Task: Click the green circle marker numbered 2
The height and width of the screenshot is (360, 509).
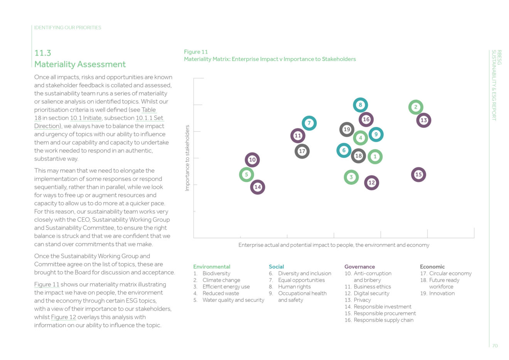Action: (416, 107)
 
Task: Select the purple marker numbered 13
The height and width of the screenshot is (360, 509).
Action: (423, 120)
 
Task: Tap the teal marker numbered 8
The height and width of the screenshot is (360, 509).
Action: (360, 105)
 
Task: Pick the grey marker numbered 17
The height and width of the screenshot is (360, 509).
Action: (302, 151)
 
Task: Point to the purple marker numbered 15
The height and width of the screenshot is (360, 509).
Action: (418, 175)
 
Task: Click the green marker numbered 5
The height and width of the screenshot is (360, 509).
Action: (246, 175)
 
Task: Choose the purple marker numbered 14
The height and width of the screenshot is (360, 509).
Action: (258, 187)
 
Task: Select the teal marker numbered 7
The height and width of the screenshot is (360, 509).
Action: (309, 123)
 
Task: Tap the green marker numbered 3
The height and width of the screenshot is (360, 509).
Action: (351, 177)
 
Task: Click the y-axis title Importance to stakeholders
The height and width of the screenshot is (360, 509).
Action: (187, 158)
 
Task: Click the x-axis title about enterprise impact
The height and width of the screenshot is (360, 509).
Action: (334, 245)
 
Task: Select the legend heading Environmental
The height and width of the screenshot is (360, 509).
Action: (211, 267)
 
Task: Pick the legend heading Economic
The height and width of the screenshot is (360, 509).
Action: (432, 267)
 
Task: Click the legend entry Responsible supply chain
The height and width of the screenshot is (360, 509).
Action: (383, 320)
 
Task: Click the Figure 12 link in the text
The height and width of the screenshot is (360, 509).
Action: (64, 317)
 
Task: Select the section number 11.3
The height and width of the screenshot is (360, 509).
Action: (43, 53)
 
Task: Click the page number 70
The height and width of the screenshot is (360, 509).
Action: (495, 346)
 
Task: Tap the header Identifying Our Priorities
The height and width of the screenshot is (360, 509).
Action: (67, 28)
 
